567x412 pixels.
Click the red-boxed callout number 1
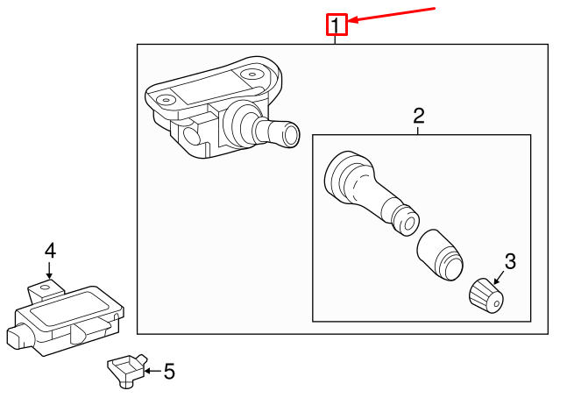tap(337, 25)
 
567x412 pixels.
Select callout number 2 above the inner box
tap(419, 115)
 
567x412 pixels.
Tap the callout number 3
tap(511, 260)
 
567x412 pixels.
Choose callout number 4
tap(50, 251)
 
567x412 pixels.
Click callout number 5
tap(169, 373)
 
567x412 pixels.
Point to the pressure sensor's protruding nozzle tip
tap(284, 137)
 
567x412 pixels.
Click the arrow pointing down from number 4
tap(50, 271)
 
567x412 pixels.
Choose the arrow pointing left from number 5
tap(151, 372)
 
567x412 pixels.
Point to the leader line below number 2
tap(419, 130)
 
